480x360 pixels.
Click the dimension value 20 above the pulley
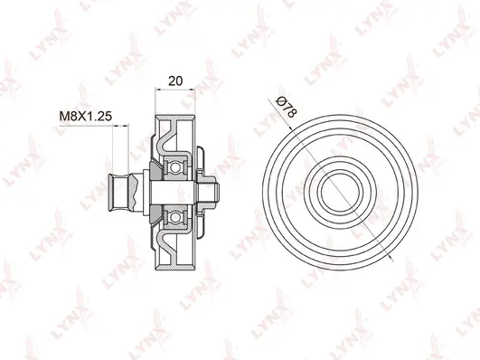(x=175, y=81)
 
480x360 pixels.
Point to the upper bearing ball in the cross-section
(x=175, y=166)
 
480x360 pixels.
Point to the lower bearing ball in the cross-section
(x=175, y=213)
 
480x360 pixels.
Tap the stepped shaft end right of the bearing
(x=212, y=190)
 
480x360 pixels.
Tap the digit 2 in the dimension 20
(x=172, y=81)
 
